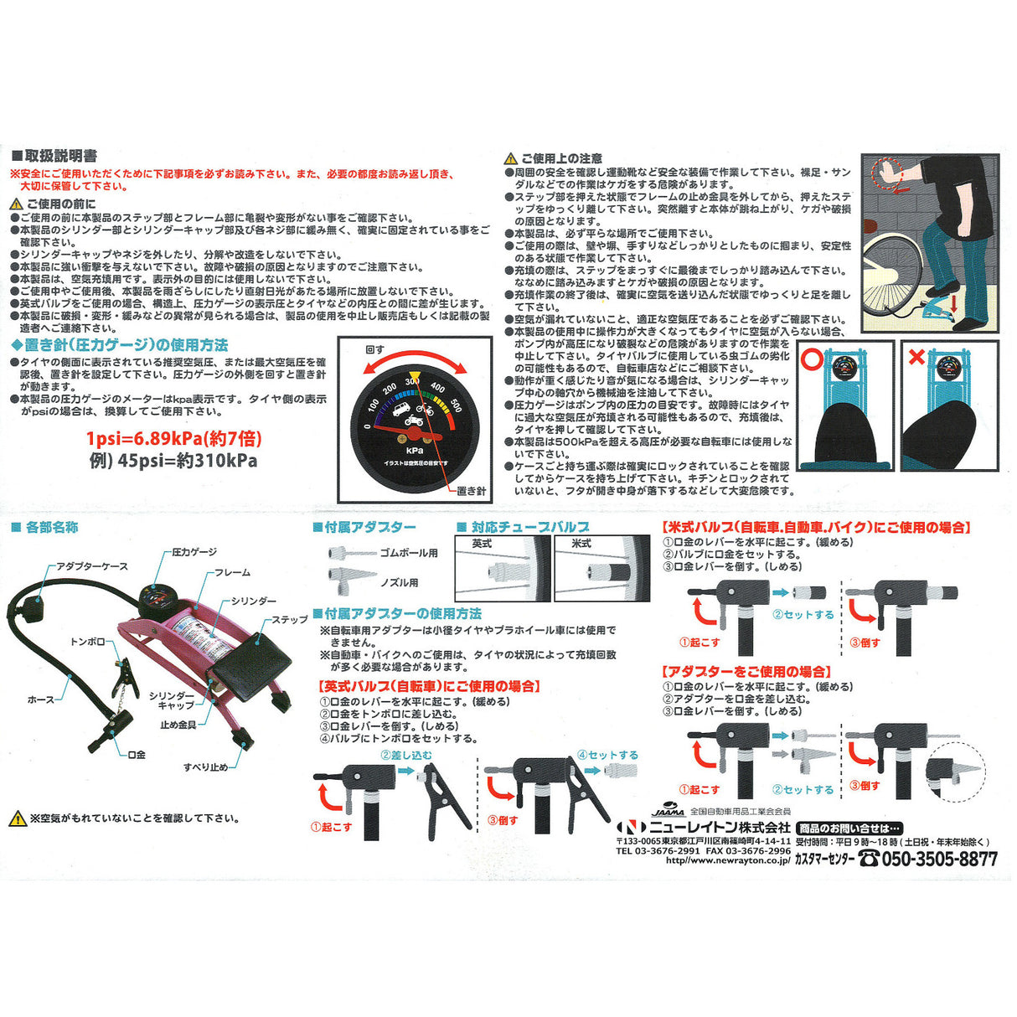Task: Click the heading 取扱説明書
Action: [60, 156]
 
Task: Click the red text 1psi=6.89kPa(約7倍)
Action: [172, 438]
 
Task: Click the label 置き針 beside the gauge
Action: [472, 491]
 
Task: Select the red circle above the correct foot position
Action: [811, 358]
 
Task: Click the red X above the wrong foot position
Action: [916, 358]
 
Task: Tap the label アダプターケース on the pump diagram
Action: [92, 566]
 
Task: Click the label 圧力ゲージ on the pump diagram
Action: [194, 552]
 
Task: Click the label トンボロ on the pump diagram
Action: [88, 642]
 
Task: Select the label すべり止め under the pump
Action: [205, 767]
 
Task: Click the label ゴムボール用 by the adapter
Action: [409, 553]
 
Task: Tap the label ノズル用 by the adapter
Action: [400, 582]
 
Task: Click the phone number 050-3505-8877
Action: [938, 859]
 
